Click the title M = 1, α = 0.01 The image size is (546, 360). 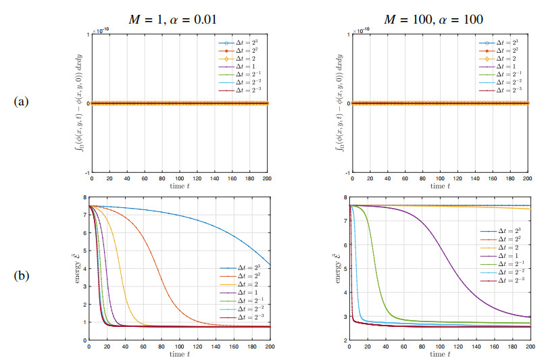click(x=178, y=20)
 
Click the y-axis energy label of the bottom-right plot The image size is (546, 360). click(x=336, y=267)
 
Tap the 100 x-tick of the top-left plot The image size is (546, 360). click(x=179, y=179)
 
